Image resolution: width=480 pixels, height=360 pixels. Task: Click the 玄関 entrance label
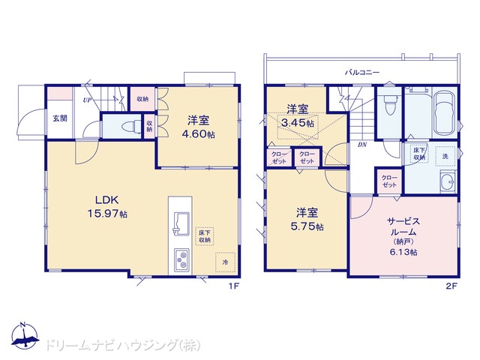pos(60,118)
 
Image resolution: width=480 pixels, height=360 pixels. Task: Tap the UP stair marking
pos(87,100)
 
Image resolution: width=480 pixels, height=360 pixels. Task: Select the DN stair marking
pos(362,145)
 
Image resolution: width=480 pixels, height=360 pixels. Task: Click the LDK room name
pos(106,200)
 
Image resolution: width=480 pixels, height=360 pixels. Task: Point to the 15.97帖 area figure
pos(107,213)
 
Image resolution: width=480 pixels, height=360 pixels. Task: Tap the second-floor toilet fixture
pos(389,104)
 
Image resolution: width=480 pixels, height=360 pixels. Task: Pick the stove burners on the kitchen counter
pos(181,259)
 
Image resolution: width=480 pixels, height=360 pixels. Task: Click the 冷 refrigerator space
pos(225,262)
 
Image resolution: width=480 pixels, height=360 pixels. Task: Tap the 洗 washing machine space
pos(445,156)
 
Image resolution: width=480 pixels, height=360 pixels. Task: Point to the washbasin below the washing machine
pos(448,181)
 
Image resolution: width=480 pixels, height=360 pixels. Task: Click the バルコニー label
pos(362,73)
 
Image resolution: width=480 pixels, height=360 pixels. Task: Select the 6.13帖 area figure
pos(403,252)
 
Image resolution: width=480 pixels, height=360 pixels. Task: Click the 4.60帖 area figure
pos(198,134)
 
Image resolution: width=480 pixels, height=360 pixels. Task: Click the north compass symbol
pos(25,335)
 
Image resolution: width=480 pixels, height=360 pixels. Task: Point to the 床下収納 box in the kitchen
pos(205,236)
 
